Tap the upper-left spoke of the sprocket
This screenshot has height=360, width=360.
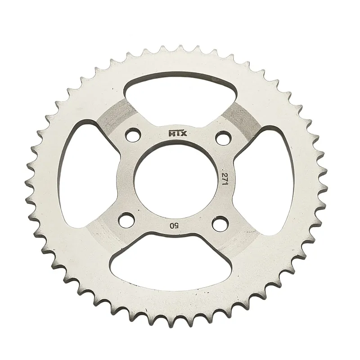click(x=115, y=119)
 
